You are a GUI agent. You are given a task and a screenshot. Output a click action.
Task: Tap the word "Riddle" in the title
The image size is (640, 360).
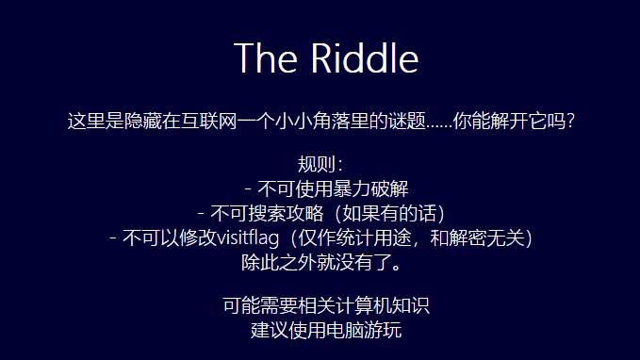coord(364,57)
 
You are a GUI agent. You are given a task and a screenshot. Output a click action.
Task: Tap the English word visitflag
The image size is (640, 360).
coord(250,237)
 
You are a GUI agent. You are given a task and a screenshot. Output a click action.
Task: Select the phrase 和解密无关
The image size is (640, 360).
coord(480,237)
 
